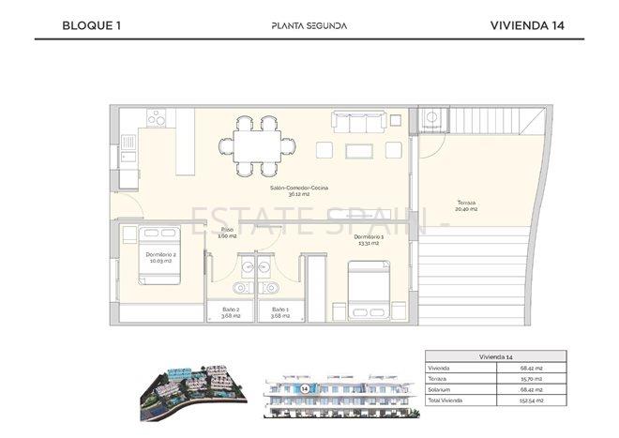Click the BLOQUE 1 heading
(92, 25)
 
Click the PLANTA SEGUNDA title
(309, 25)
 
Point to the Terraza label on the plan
(465, 205)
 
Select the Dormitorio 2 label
(161, 257)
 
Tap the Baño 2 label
(231, 312)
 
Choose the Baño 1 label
(280, 312)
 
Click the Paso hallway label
(226, 233)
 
